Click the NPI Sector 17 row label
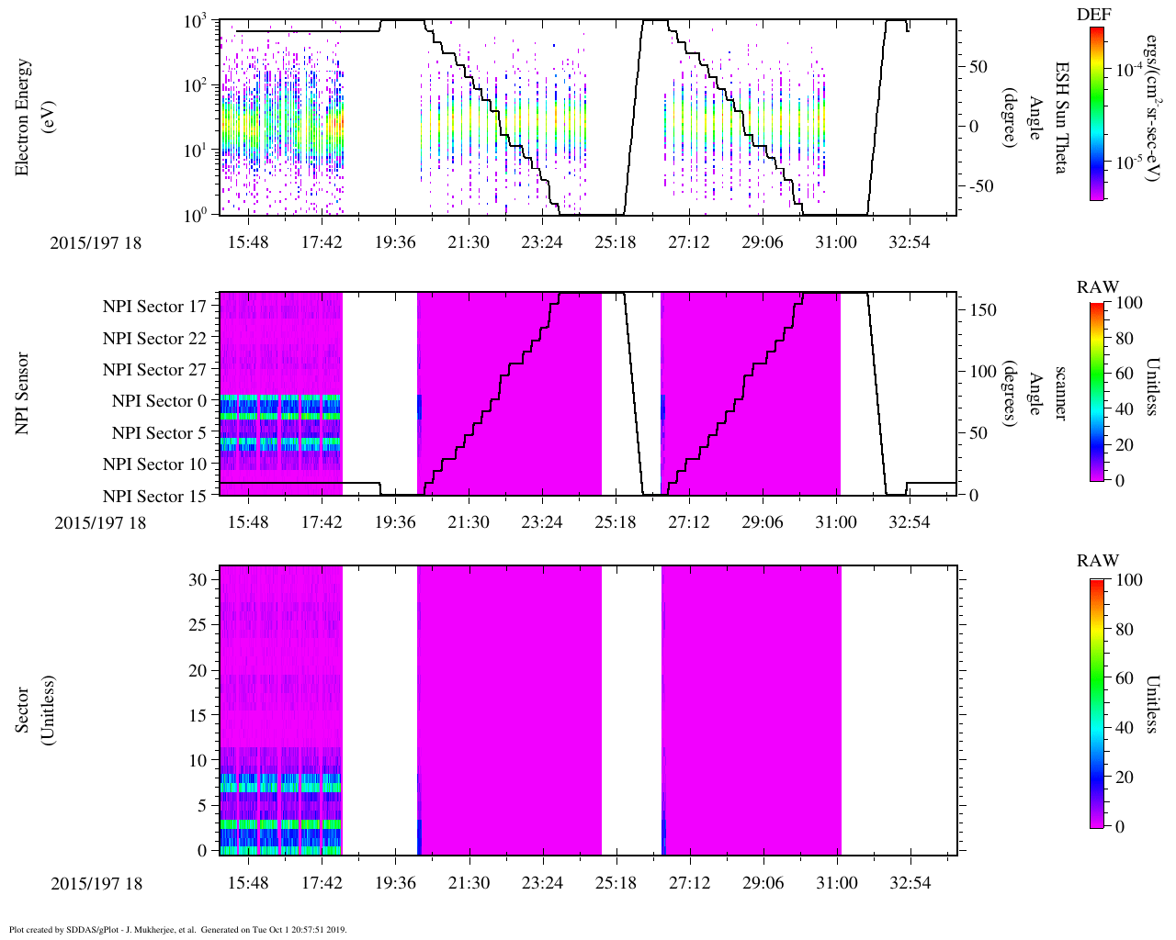pyautogui.click(x=154, y=307)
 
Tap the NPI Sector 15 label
pyautogui.click(x=154, y=497)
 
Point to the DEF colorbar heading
pyautogui.click(x=1094, y=14)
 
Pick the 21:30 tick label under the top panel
pyautogui.click(x=469, y=242)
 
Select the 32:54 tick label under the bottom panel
pyautogui.click(x=910, y=883)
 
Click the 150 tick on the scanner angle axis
pyautogui.click(x=983, y=310)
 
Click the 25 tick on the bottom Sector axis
pyautogui.click(x=199, y=625)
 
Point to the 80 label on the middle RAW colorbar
pyautogui.click(x=1125, y=339)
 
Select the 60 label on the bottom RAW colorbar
pyautogui.click(x=1125, y=678)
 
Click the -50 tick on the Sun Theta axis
pyautogui.click(x=979, y=186)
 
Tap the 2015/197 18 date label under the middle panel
pyautogui.click(x=100, y=523)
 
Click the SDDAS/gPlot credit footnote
pyautogui.click(x=177, y=929)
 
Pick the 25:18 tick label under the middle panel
pyautogui.click(x=616, y=522)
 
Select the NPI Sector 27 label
pyautogui.click(x=154, y=370)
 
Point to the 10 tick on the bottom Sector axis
pyautogui.click(x=199, y=760)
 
